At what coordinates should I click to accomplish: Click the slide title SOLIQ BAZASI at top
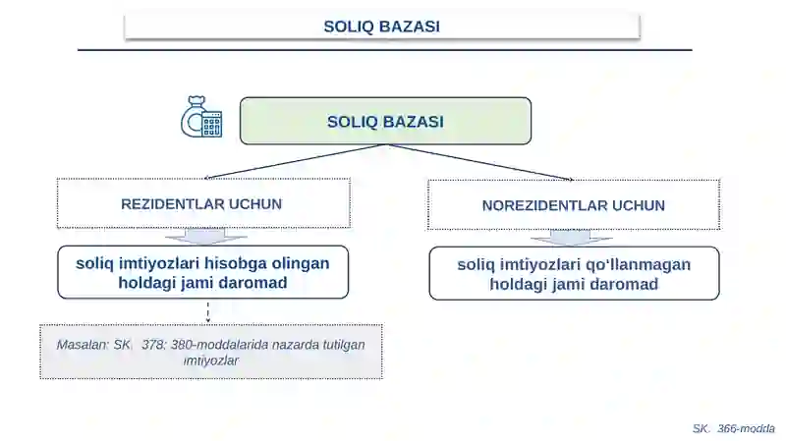(x=381, y=27)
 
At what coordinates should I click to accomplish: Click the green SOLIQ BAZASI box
(x=385, y=122)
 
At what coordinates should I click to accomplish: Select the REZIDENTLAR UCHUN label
(x=201, y=204)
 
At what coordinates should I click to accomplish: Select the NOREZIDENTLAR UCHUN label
(x=574, y=205)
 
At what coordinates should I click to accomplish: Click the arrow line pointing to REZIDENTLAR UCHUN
(x=295, y=162)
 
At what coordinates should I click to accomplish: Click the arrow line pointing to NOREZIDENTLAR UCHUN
(x=481, y=162)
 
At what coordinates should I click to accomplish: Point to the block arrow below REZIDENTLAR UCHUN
(x=205, y=236)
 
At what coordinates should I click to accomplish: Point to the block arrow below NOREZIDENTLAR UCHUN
(x=571, y=238)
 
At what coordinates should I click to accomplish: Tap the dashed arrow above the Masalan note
(x=207, y=311)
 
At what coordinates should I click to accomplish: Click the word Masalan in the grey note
(x=82, y=346)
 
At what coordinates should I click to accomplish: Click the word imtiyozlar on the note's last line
(x=211, y=360)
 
